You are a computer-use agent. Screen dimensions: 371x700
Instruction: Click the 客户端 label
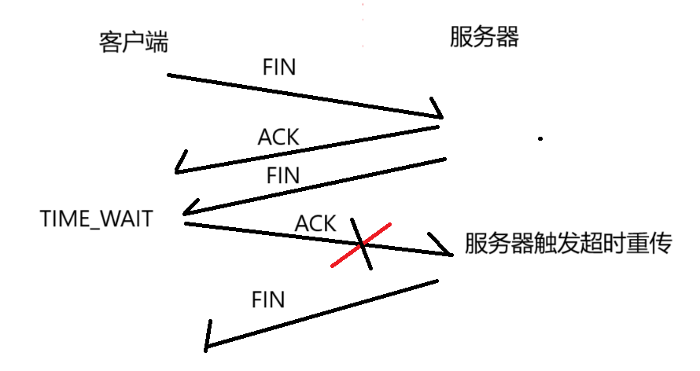(134, 42)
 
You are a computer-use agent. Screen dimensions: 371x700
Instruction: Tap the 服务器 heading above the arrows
(484, 36)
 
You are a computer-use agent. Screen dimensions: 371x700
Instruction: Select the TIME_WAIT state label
(96, 219)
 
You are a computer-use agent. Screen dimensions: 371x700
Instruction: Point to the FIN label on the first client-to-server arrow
(278, 67)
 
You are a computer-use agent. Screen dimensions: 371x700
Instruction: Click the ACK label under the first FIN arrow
(278, 137)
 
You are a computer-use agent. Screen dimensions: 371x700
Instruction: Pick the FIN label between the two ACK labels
(283, 175)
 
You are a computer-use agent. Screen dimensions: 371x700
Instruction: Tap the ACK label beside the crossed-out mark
(315, 223)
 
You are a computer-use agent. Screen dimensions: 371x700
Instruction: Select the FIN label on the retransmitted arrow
(267, 299)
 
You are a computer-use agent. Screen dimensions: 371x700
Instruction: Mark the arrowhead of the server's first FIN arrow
(186, 213)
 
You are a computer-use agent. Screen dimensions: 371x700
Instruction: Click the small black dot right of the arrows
(540, 139)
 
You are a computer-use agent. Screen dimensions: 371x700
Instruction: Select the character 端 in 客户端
(157, 42)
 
